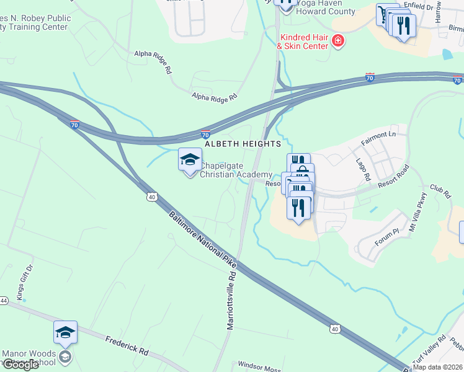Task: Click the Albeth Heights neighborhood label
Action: click(x=244, y=144)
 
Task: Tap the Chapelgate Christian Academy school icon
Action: click(x=190, y=161)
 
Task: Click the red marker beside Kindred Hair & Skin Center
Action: click(x=337, y=42)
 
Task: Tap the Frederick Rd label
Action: click(x=127, y=345)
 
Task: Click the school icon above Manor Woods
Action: click(x=65, y=333)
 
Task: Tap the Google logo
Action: click(x=20, y=365)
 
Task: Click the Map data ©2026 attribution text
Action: click(x=438, y=367)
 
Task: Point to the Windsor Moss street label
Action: click(x=260, y=366)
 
